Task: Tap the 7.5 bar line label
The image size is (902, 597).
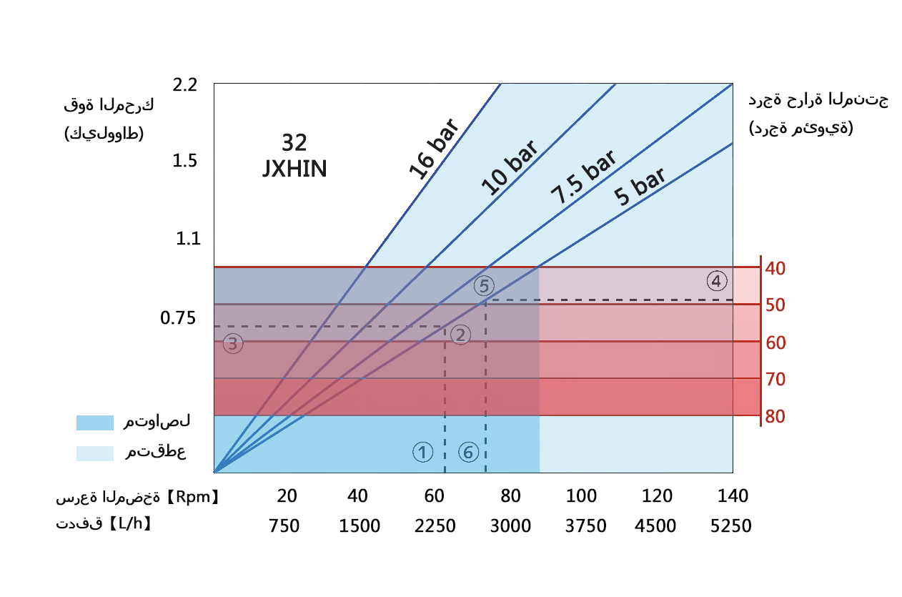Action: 583,178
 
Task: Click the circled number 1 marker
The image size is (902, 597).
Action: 423,452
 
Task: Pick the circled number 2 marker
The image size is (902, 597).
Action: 461,335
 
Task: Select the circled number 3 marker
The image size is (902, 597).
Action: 233,344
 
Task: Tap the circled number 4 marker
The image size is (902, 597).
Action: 717,281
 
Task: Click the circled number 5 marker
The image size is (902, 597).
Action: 484,286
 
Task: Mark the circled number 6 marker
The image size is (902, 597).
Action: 468,452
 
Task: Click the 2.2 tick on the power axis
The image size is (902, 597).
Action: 184,85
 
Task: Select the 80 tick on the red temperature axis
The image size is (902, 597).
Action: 775,416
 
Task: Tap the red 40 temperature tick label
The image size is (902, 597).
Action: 775,269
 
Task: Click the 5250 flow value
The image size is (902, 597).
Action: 731,526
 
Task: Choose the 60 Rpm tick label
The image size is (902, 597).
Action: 434,496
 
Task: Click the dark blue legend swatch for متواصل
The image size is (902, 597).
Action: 95,423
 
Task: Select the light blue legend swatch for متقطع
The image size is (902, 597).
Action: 95,453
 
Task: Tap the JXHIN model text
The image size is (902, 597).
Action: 295,169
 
